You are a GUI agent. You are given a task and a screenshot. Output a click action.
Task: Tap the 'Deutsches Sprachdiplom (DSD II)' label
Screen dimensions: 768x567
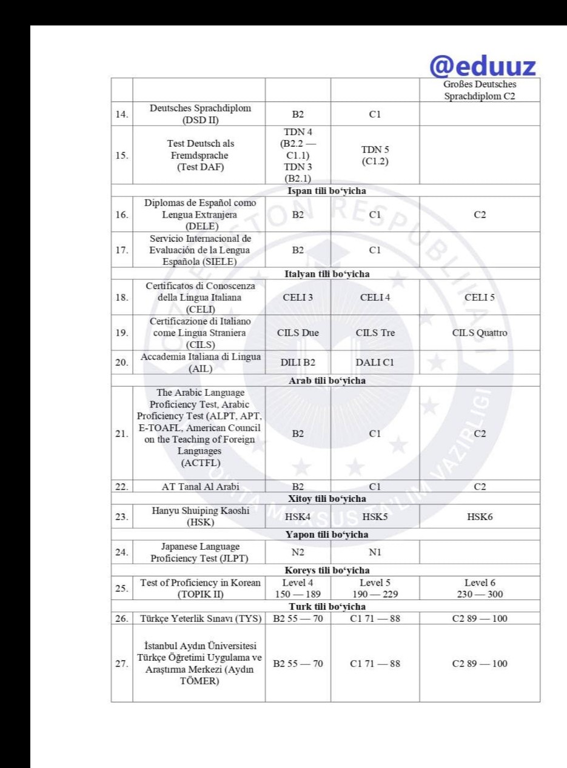(199, 113)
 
